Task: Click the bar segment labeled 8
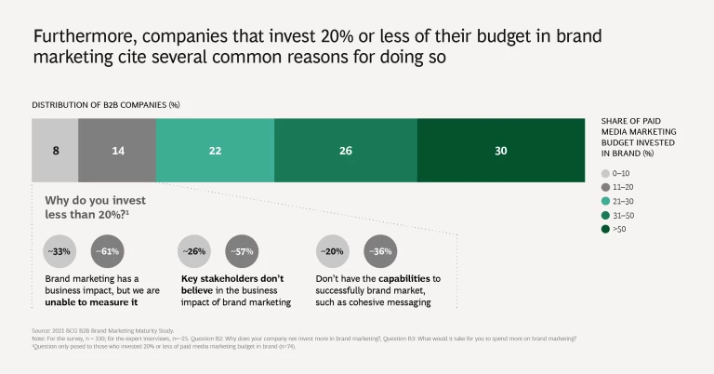pyautogui.click(x=55, y=151)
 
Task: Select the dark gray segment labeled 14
pyautogui.click(x=117, y=151)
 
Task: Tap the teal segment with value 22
pyautogui.click(x=215, y=151)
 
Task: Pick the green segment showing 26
pyautogui.click(x=346, y=151)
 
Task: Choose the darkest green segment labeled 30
pyautogui.click(x=501, y=151)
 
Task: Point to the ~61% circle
pyautogui.click(x=108, y=251)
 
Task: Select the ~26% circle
pyautogui.click(x=194, y=251)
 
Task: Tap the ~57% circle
pyautogui.click(x=242, y=251)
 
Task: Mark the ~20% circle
pyautogui.click(x=333, y=251)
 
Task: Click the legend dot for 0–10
pyautogui.click(x=605, y=173)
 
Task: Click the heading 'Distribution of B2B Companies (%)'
pyautogui.click(x=106, y=105)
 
